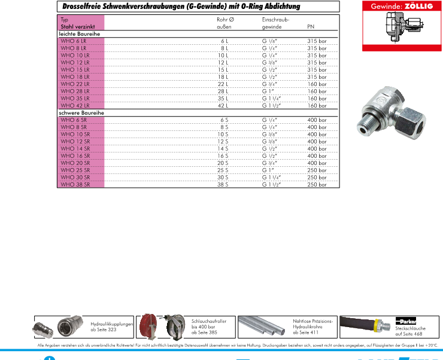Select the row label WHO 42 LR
(x=74, y=105)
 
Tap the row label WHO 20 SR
(x=74, y=163)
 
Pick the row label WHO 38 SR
(x=74, y=185)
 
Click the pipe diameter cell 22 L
(x=223, y=84)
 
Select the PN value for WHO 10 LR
(x=317, y=55)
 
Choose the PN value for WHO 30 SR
(x=317, y=178)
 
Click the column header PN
(x=310, y=27)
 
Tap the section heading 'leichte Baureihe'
(x=78, y=34)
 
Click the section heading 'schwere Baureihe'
(x=80, y=113)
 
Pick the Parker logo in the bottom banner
(x=405, y=320)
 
